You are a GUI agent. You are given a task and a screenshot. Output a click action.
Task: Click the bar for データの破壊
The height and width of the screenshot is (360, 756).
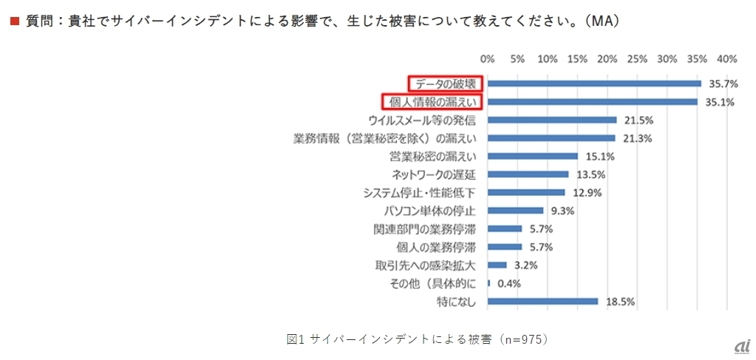click(x=594, y=84)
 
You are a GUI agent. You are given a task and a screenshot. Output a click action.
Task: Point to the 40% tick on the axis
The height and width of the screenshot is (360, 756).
click(x=726, y=58)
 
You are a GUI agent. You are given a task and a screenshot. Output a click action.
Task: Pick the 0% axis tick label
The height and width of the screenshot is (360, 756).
click(x=488, y=58)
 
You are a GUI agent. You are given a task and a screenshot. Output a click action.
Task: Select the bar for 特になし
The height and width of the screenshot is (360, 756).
click(x=542, y=302)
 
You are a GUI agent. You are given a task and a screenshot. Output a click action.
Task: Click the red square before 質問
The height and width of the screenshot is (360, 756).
click(x=13, y=22)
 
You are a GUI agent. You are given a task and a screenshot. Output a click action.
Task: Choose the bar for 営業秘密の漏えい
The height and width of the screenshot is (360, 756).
click(x=533, y=156)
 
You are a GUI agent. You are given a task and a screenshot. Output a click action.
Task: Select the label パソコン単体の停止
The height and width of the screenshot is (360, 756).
click(x=435, y=211)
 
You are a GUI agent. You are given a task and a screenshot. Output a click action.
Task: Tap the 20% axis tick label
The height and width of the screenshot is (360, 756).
click(x=607, y=58)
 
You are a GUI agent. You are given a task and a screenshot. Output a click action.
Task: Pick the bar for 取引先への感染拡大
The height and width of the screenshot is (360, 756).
click(x=497, y=265)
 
